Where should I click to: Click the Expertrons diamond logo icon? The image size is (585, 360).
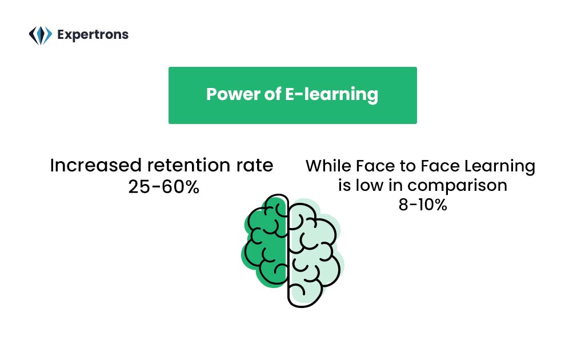41,35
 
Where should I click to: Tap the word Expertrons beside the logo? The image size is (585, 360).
93,35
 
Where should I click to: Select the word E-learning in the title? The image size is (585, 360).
332,95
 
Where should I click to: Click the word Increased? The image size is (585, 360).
96,165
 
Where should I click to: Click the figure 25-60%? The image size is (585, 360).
164,187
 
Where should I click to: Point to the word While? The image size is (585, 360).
328,166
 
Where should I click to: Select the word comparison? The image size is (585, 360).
458,186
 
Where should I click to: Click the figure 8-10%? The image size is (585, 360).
423,205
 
